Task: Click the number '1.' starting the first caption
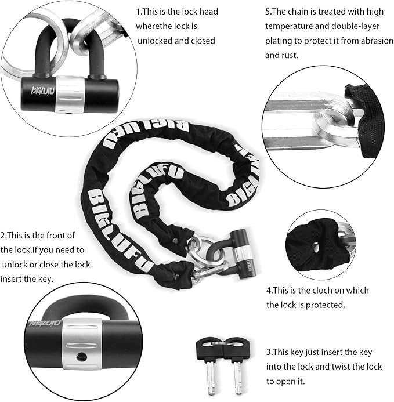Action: [x=139, y=12]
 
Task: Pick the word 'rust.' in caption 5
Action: [x=275, y=56]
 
